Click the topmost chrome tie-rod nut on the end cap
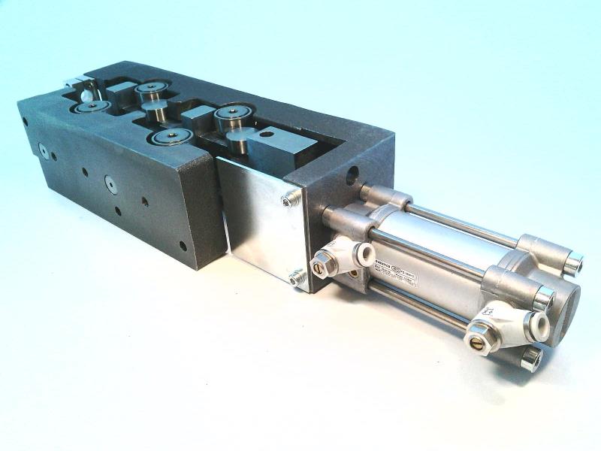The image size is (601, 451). pyautogui.click(x=572, y=263)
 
